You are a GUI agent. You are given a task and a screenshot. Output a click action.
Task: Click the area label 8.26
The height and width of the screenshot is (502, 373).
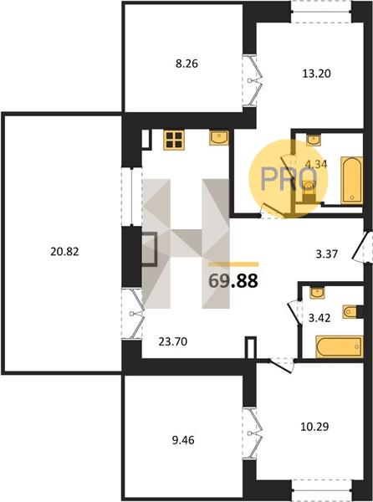pos(186,64)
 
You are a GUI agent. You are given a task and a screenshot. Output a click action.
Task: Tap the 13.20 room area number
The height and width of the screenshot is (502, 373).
pos(316,74)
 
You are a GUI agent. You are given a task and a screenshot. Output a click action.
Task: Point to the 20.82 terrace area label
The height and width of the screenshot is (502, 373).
pos(64,252)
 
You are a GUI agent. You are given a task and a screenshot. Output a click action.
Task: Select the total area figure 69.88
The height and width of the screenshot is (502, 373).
pos(232,281)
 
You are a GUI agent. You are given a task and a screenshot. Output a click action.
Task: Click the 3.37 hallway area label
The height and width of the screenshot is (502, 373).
pos(327,254)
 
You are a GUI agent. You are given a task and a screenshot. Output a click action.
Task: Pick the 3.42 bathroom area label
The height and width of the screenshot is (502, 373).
pos(319,318)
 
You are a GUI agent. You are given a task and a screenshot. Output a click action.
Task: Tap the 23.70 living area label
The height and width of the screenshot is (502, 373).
pos(173,342)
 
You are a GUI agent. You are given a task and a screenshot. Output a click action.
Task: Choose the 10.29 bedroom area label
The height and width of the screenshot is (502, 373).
pos(314,427)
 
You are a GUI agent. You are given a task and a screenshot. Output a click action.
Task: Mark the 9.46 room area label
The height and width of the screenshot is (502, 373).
pos(183,440)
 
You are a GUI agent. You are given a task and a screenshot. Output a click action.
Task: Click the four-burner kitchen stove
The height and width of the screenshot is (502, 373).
pos(174,140)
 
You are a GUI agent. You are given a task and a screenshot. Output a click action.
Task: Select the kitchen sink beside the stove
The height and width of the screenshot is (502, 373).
pos(219,138)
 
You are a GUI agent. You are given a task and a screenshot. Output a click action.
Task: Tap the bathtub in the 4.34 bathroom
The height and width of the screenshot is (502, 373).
pos(352,180)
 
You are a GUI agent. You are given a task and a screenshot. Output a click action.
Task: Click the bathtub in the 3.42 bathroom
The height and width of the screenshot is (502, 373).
pos(340,346)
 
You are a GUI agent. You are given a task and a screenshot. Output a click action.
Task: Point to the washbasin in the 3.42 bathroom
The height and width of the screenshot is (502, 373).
pos(317,293)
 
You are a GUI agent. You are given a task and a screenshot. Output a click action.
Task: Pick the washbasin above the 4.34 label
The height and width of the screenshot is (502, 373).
pos(314,140)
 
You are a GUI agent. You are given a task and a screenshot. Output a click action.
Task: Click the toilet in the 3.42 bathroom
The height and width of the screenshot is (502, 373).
pos(350,312)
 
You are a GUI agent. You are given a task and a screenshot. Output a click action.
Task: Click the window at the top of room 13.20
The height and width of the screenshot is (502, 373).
pos(321,12)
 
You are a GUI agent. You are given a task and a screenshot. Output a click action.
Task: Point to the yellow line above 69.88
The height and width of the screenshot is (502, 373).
pos(233,264)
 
